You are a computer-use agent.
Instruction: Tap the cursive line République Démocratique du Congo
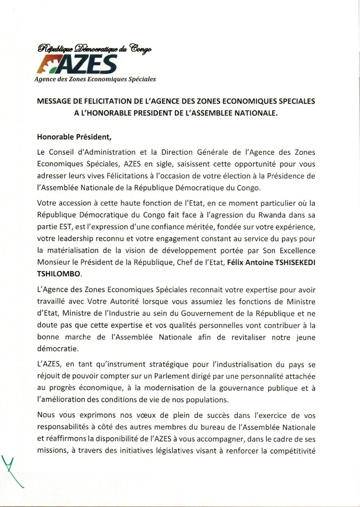[95, 48]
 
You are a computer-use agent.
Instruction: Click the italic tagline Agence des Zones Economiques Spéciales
[95, 79]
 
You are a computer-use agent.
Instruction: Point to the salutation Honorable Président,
[74, 137]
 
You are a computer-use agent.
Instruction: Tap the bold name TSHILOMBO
[58, 274]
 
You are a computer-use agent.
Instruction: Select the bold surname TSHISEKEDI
[295, 262]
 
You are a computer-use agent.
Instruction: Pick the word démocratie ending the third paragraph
[58, 349]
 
